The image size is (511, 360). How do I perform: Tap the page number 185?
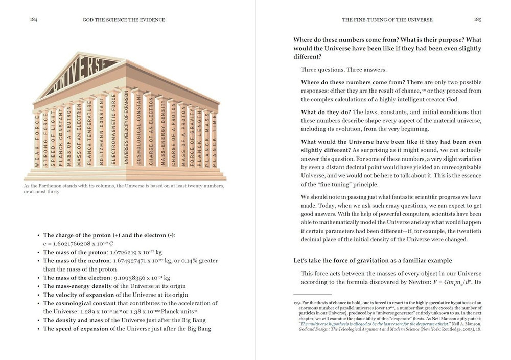[477, 20]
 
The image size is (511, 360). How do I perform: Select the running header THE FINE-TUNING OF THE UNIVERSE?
[387, 20]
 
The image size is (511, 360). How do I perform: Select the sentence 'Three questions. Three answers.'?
[343, 70]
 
